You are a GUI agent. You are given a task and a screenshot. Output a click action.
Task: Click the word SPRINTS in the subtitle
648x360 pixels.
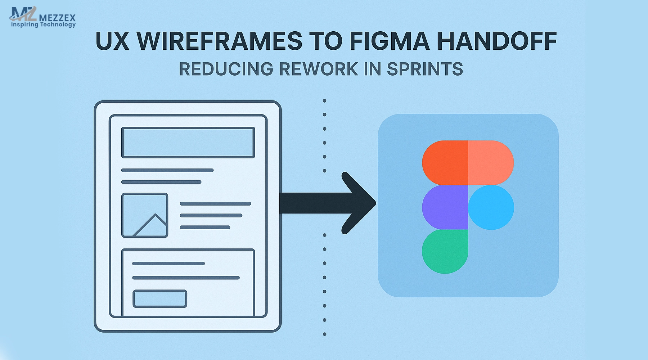(x=425, y=69)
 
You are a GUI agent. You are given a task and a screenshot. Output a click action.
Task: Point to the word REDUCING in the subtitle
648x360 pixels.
(x=226, y=69)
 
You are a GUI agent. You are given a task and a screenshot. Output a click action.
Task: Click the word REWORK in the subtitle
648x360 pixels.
(x=319, y=69)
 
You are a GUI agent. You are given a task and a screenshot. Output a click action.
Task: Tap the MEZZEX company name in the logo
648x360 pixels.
(x=57, y=17)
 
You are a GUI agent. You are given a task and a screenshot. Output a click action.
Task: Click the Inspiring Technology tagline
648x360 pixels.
(x=43, y=24)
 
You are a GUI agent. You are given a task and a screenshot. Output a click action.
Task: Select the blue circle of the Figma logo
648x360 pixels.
(x=491, y=207)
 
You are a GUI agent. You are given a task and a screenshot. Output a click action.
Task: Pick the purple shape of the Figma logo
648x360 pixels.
(x=445, y=207)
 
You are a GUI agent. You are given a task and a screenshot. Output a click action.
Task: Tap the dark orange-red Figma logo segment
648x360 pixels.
(x=445, y=163)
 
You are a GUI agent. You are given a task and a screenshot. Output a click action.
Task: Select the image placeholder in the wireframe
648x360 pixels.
(x=145, y=215)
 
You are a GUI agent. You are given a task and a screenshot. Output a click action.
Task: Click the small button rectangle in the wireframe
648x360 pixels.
(x=160, y=299)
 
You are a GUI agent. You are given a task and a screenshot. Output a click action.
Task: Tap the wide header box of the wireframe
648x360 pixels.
(x=188, y=143)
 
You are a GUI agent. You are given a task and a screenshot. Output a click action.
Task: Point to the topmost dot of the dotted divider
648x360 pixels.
(x=324, y=101)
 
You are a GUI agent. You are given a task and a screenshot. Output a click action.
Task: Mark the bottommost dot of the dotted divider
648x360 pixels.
(x=324, y=334)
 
